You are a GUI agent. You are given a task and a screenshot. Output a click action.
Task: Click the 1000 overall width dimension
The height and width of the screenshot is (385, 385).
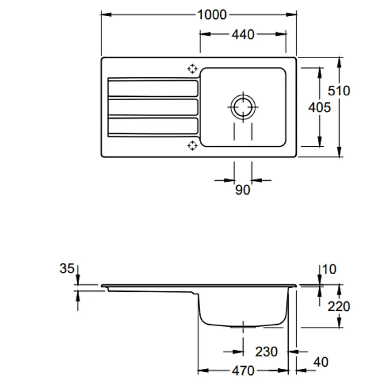pos(212,15)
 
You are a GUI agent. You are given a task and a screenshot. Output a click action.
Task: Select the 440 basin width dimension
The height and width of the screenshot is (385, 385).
pos(243,34)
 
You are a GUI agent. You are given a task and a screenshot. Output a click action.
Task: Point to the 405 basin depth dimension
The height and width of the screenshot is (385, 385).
pos(320,107)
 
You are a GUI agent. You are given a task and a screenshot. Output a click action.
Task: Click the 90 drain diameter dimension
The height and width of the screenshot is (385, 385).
pos(243,190)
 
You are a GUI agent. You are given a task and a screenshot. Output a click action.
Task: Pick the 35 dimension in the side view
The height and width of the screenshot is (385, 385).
pos(67,268)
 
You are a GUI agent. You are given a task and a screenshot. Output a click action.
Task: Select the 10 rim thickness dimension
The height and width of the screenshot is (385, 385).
pos(329,270)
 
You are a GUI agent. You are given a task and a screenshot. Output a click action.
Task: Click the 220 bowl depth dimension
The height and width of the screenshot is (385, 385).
pos(339,306)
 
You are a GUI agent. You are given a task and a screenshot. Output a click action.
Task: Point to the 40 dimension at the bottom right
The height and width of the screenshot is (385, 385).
pos(321,362)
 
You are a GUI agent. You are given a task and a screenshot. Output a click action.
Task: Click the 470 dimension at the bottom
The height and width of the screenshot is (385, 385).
pos(243,371)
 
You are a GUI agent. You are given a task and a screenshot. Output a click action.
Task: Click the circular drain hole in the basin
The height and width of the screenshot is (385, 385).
pos(243,107)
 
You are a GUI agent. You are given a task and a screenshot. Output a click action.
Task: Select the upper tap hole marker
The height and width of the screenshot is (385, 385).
pos(192,69)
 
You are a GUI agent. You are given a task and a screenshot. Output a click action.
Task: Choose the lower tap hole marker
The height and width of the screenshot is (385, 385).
pos(192,146)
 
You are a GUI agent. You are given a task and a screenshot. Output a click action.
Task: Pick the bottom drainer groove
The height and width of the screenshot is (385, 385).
pos(153,126)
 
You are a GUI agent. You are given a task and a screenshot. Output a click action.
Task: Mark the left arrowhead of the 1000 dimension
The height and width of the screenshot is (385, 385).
pos(104,15)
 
